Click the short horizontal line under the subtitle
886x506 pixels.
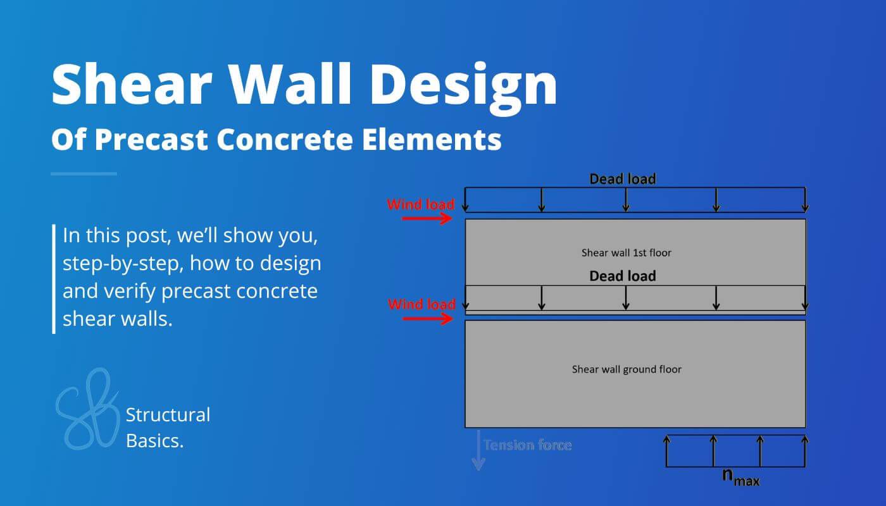click(x=84, y=173)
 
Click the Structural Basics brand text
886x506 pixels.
click(x=168, y=428)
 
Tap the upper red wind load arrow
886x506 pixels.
click(x=427, y=219)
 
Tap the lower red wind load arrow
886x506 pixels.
click(x=427, y=319)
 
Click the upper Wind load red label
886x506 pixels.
click(x=421, y=204)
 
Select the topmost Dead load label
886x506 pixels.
click(x=623, y=179)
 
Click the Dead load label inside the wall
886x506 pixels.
click(x=623, y=276)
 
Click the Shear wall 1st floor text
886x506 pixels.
click(x=626, y=252)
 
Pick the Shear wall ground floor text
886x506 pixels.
click(x=627, y=369)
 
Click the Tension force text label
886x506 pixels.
click(x=527, y=445)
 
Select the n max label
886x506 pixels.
click(x=740, y=478)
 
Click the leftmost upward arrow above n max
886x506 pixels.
click(x=666, y=450)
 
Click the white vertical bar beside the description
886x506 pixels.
click(x=54, y=278)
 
